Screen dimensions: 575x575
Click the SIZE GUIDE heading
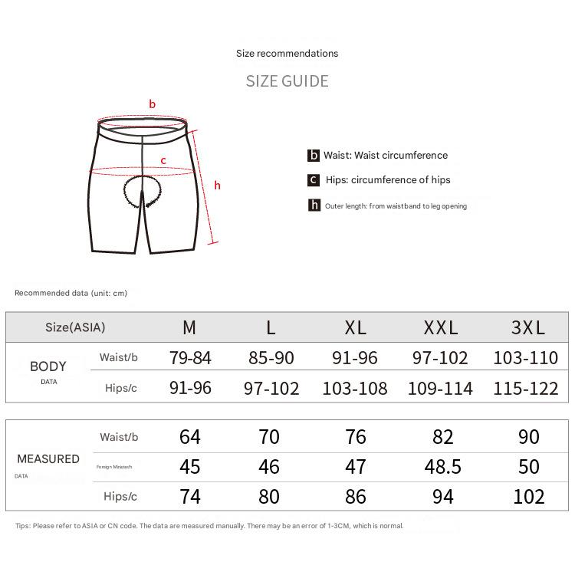click(x=287, y=81)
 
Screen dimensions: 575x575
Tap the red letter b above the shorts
click(x=153, y=104)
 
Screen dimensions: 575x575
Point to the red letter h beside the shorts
click(x=218, y=186)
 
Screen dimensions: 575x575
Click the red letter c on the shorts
click(x=163, y=160)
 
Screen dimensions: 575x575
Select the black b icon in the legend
click(x=314, y=156)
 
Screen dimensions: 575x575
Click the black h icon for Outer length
click(x=314, y=205)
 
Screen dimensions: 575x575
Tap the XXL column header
click(x=441, y=328)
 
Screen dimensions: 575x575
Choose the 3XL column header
click(x=528, y=328)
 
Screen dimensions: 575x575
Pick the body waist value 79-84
click(x=189, y=357)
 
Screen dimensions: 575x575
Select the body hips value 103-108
click(x=355, y=388)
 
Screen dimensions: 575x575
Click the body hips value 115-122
click(x=526, y=388)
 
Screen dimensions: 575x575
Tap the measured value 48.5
click(x=442, y=467)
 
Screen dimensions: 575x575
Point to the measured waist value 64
click(x=190, y=437)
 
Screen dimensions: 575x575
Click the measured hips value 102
click(x=529, y=497)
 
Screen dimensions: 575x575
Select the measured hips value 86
click(x=356, y=497)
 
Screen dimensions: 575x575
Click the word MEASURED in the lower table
click(x=48, y=459)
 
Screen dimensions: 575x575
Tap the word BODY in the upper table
click(x=48, y=366)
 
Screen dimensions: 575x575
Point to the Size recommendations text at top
click(x=287, y=54)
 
